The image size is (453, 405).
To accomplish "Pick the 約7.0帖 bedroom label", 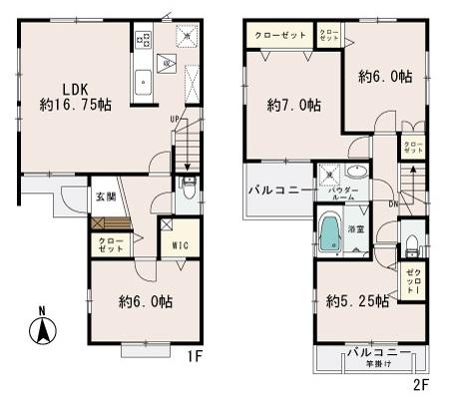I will point(293,104).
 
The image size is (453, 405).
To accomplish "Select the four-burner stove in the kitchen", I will point(142,42).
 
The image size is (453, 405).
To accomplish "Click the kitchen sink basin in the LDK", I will point(143,78).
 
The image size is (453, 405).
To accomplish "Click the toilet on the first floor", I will point(190,187).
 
